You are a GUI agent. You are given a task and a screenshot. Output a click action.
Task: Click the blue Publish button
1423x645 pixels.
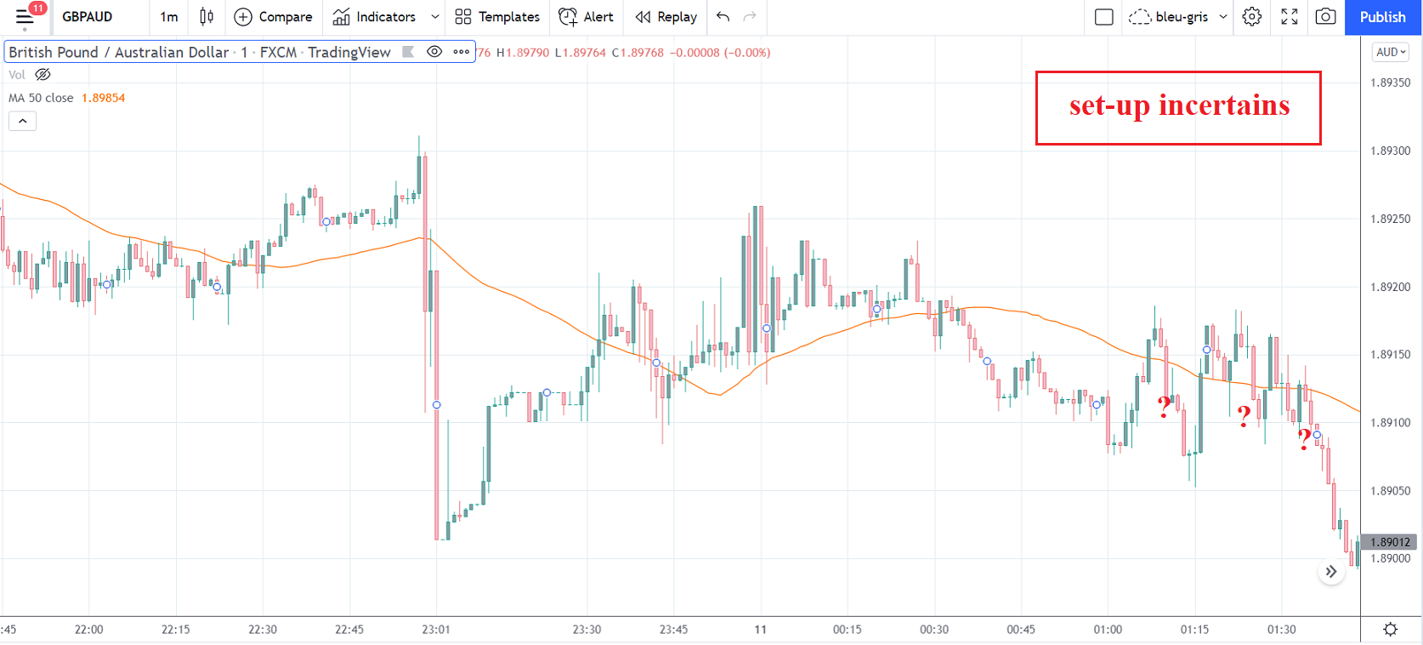1382,17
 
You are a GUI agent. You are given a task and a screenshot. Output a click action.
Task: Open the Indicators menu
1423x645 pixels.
375,17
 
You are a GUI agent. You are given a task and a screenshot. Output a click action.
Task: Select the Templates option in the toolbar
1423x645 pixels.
497,17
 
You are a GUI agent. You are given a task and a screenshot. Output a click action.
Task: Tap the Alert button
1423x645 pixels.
586,17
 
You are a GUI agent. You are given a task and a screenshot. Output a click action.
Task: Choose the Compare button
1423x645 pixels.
273,17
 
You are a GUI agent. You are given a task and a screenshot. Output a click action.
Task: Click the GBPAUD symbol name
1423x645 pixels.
87,17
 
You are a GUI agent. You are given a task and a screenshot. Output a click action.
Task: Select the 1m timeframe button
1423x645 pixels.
169,17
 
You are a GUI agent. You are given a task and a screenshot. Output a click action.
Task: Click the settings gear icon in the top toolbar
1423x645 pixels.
1251,17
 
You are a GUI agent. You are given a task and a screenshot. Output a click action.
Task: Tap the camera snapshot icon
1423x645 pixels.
1325,17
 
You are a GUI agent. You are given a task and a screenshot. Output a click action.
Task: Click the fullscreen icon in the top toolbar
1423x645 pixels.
1289,17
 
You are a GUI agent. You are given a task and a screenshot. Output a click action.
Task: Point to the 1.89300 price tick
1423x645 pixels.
1390,151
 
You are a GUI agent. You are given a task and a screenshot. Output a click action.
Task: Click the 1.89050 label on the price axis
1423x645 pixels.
1390,491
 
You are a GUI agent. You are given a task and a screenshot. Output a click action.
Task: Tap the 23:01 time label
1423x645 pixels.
435,630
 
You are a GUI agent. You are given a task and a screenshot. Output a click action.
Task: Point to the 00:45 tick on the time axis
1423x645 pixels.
1020,630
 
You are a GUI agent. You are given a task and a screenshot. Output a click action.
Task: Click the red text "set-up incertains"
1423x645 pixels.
1179,106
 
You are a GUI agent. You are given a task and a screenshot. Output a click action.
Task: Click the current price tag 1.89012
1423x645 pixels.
1390,542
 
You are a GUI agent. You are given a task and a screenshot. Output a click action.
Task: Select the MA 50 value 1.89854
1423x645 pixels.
103,98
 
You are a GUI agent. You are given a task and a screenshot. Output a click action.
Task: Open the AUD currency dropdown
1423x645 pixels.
1391,52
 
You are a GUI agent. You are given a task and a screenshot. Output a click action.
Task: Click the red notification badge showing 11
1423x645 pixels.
37,9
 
